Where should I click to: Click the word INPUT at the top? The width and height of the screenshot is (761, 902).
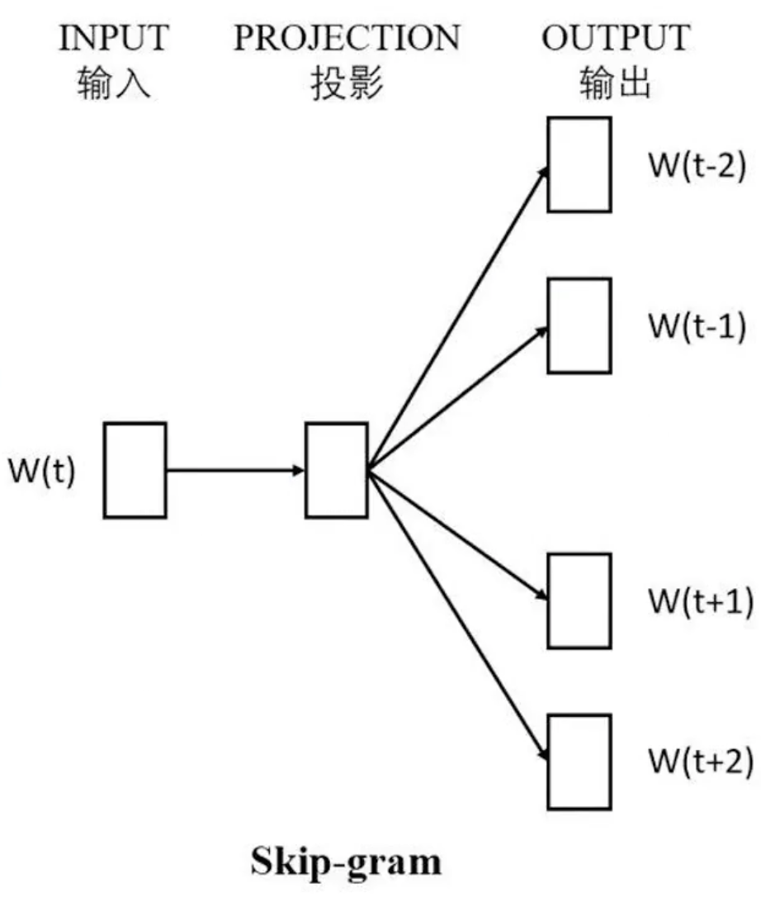pyautogui.click(x=114, y=37)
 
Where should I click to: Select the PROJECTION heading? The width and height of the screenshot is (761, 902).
pyautogui.click(x=347, y=37)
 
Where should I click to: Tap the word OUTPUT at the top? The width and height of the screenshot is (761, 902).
pyautogui.click(x=616, y=37)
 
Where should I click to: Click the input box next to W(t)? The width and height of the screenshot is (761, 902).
pyautogui.click(x=135, y=470)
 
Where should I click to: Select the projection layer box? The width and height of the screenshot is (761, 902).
pyautogui.click(x=336, y=470)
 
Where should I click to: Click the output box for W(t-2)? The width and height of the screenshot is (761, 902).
pyautogui.click(x=579, y=164)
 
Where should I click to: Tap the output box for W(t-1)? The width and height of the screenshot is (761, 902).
pyautogui.click(x=579, y=325)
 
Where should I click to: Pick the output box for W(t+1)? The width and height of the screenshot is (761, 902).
pyautogui.click(x=579, y=601)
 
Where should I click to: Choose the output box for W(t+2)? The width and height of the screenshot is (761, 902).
pyautogui.click(x=579, y=762)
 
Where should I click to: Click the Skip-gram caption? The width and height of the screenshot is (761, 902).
pyautogui.click(x=346, y=862)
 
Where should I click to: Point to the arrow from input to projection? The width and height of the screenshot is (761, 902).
pyautogui.click(x=235, y=470)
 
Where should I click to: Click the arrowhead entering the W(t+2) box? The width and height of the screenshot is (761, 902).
pyautogui.click(x=543, y=754)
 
